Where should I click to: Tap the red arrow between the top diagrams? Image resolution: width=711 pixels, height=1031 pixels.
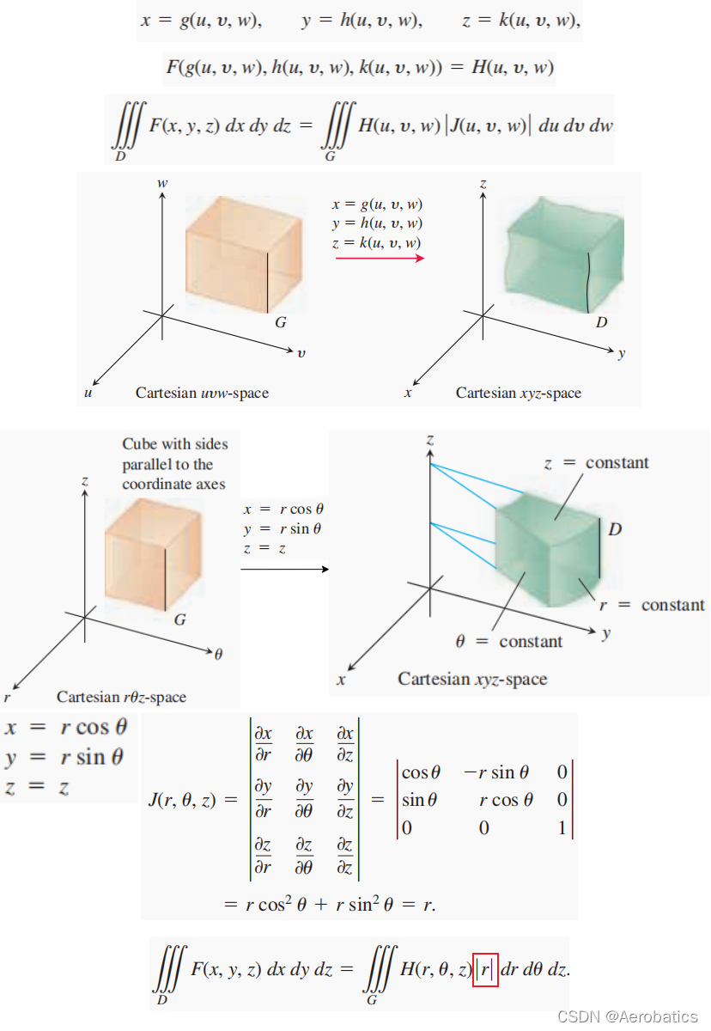[380, 257]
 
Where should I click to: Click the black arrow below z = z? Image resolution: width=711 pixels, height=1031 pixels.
[284, 568]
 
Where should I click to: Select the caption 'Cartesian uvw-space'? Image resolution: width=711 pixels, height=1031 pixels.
[202, 393]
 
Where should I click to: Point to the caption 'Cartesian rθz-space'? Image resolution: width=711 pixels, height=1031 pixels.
[121, 697]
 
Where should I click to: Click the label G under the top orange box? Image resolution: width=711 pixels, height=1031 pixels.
[281, 323]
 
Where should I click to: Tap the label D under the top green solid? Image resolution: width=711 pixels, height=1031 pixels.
[601, 323]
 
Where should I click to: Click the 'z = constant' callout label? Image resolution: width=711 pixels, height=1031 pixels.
[597, 463]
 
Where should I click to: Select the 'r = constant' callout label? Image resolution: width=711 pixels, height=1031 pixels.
[652, 605]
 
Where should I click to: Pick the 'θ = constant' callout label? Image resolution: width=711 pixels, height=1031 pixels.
[509, 641]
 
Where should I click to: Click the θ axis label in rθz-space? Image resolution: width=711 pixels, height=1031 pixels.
[218, 655]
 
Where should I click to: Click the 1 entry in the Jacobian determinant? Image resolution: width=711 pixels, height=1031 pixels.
[562, 828]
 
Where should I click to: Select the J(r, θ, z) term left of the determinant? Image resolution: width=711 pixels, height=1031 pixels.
[191, 800]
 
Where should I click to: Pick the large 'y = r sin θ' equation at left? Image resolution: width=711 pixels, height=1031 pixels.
[65, 757]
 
